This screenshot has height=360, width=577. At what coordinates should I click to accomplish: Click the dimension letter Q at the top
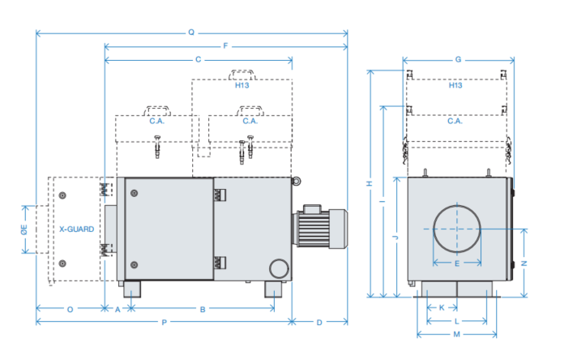pyautogui.click(x=191, y=33)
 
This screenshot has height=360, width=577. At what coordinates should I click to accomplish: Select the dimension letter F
pyautogui.click(x=225, y=46)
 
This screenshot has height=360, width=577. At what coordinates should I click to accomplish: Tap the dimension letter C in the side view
pyautogui.click(x=199, y=60)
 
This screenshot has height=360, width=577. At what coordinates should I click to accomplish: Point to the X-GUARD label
pyautogui.click(x=76, y=229)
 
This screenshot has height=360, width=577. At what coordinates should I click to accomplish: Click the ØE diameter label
pyautogui.click(x=24, y=229)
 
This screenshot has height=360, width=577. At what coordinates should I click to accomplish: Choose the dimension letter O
pyautogui.click(x=71, y=309)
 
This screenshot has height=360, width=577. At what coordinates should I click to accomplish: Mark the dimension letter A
pyautogui.click(x=118, y=309)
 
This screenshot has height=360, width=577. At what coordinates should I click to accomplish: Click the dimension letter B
pyautogui.click(x=203, y=309)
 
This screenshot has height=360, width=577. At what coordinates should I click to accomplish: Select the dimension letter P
pyautogui.click(x=165, y=323)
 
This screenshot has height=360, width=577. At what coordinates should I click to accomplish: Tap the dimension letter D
pyautogui.click(x=319, y=323)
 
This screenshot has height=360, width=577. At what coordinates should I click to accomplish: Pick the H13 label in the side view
pyautogui.click(x=241, y=86)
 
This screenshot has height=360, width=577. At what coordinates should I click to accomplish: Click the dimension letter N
pyautogui.click(x=524, y=264)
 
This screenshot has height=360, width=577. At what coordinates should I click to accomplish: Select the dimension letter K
pyautogui.click(x=441, y=308)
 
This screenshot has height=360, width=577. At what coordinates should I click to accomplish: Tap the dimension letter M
pyautogui.click(x=456, y=334)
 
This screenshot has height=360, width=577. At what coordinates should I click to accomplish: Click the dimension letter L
pyautogui.click(x=456, y=321)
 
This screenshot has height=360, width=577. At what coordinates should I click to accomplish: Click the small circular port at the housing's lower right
pyautogui.click(x=278, y=268)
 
